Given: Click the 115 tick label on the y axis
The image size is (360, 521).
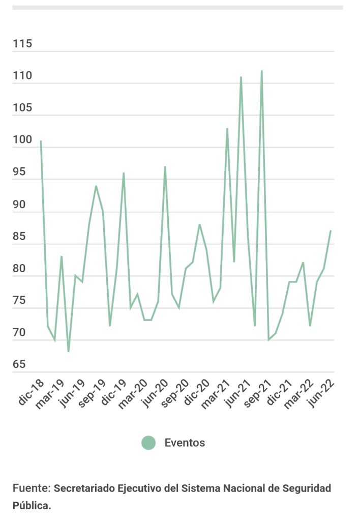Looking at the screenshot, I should (x=22, y=44).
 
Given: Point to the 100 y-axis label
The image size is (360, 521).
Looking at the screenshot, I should (x=22, y=140).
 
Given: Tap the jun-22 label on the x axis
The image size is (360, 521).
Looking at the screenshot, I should (x=321, y=393).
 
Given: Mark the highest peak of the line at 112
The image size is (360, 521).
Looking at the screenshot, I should (x=261, y=71).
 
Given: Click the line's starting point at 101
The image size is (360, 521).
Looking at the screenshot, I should (x=41, y=141).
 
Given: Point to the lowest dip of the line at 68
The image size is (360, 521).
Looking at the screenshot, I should (x=68, y=352).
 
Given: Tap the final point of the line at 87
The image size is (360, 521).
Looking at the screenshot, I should (x=331, y=231).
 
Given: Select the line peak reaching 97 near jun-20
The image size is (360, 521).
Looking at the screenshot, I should (x=165, y=167).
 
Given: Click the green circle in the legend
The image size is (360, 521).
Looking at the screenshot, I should (x=148, y=443).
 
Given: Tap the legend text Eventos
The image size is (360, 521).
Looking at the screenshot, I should (x=185, y=443).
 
